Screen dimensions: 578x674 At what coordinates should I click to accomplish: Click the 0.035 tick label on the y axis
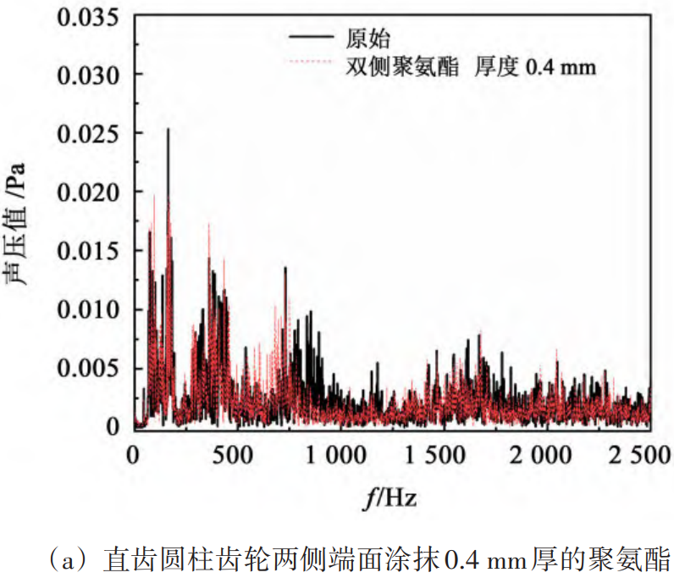tap(88, 16)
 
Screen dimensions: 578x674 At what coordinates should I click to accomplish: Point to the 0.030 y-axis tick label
tap(88, 75)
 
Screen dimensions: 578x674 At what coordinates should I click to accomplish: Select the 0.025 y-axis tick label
tap(88, 133)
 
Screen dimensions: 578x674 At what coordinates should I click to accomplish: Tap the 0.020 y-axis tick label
tap(88, 192)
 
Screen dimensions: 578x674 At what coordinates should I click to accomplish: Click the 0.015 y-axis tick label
tap(88, 250)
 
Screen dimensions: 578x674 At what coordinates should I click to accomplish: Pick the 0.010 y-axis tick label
tap(88, 308)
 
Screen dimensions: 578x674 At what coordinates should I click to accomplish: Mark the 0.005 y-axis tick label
tap(88, 367)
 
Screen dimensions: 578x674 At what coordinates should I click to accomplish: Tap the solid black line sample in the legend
tap(310, 37)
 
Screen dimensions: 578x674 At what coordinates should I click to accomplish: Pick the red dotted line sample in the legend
tap(310, 63)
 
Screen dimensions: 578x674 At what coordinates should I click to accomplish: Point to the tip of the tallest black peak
tap(168, 129)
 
